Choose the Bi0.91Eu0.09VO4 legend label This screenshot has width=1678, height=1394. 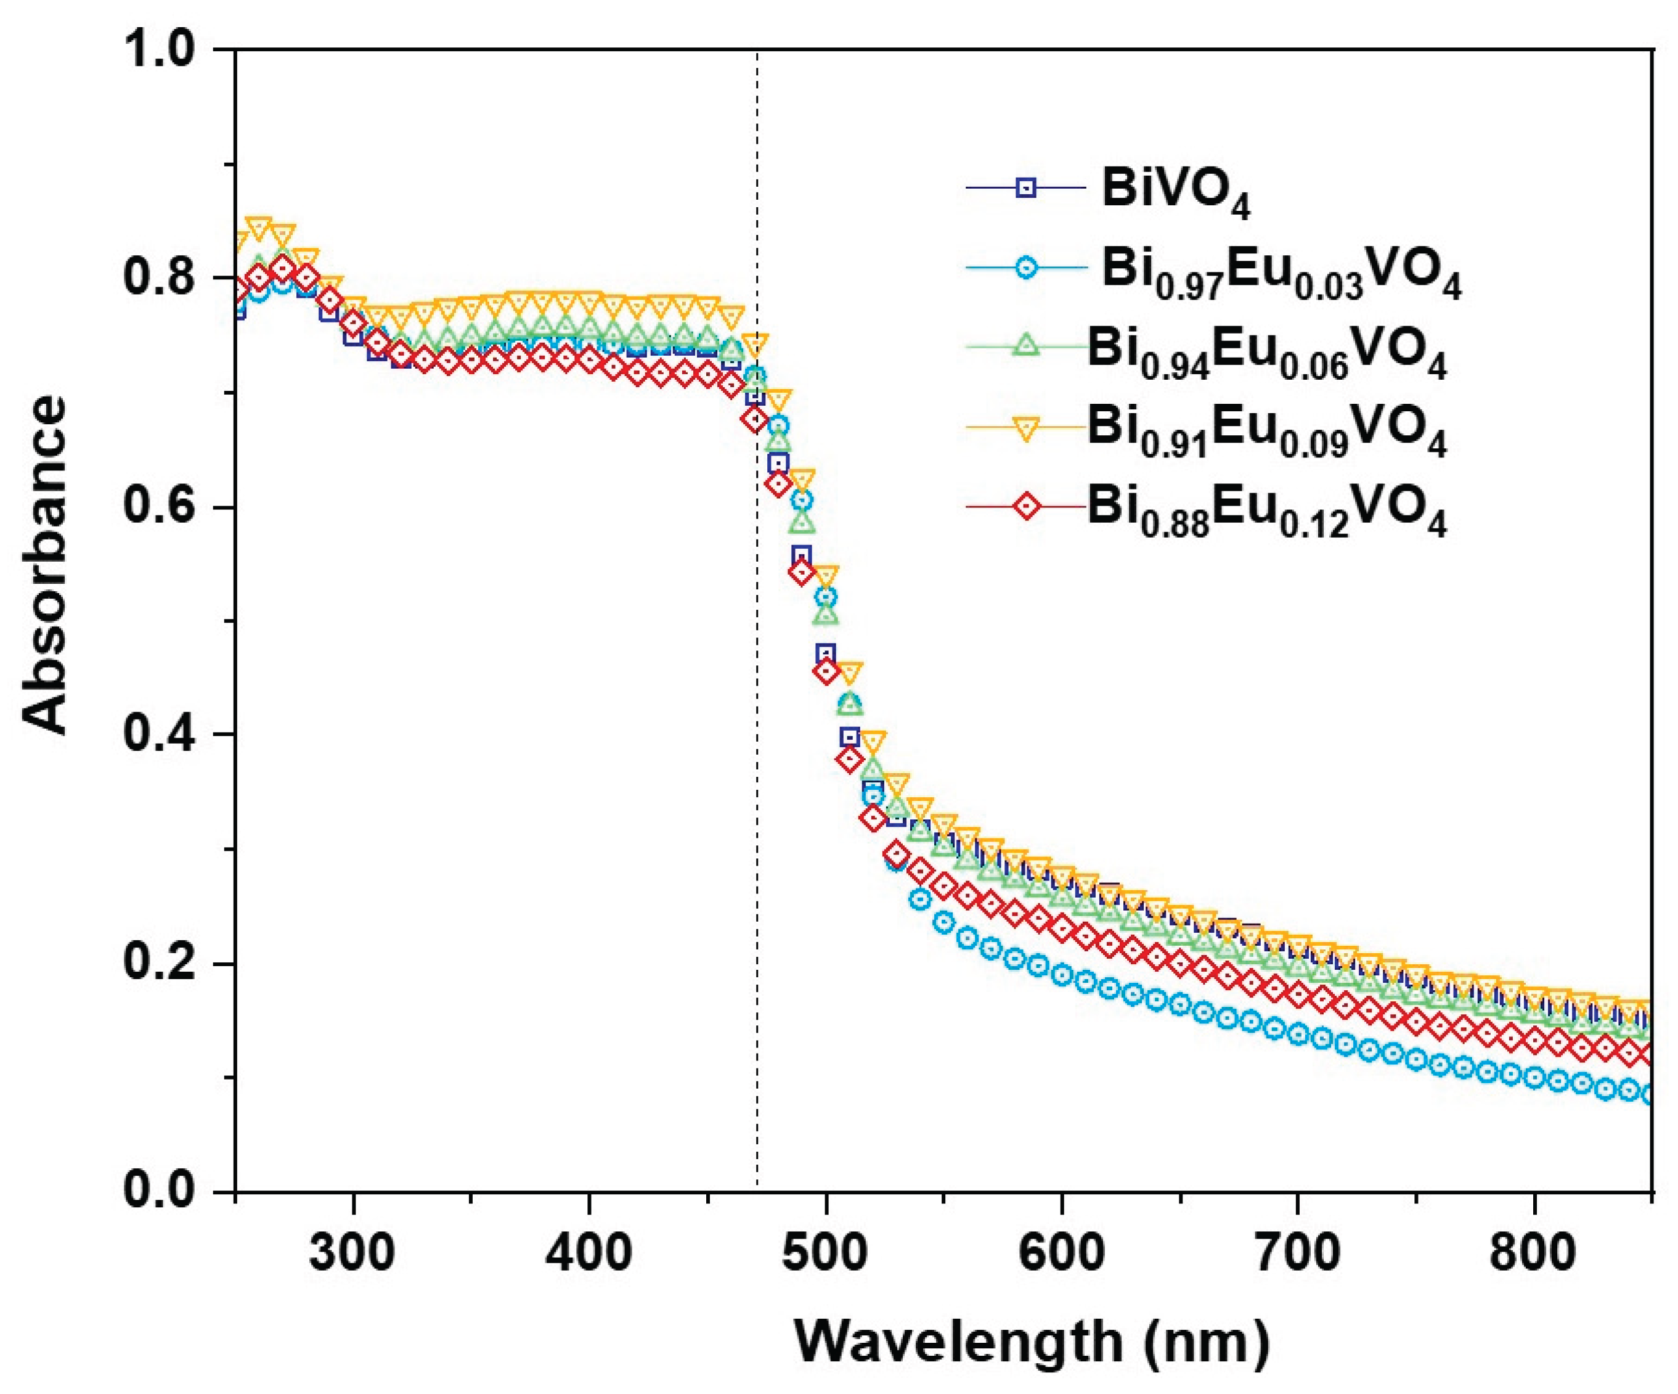pyautogui.click(x=1266, y=432)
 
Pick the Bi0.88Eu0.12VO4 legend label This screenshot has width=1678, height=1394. pyautogui.click(x=1266, y=510)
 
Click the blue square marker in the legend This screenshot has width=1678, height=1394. pyautogui.click(x=1026, y=189)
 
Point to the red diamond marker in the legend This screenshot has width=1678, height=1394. pyautogui.click(x=1026, y=507)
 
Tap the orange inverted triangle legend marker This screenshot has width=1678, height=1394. pyautogui.click(x=1026, y=429)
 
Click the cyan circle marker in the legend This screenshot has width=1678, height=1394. pyautogui.click(x=1026, y=268)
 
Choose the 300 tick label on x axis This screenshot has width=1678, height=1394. pyautogui.click(x=352, y=1253)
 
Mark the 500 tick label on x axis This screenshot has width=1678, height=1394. pyautogui.click(x=825, y=1253)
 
